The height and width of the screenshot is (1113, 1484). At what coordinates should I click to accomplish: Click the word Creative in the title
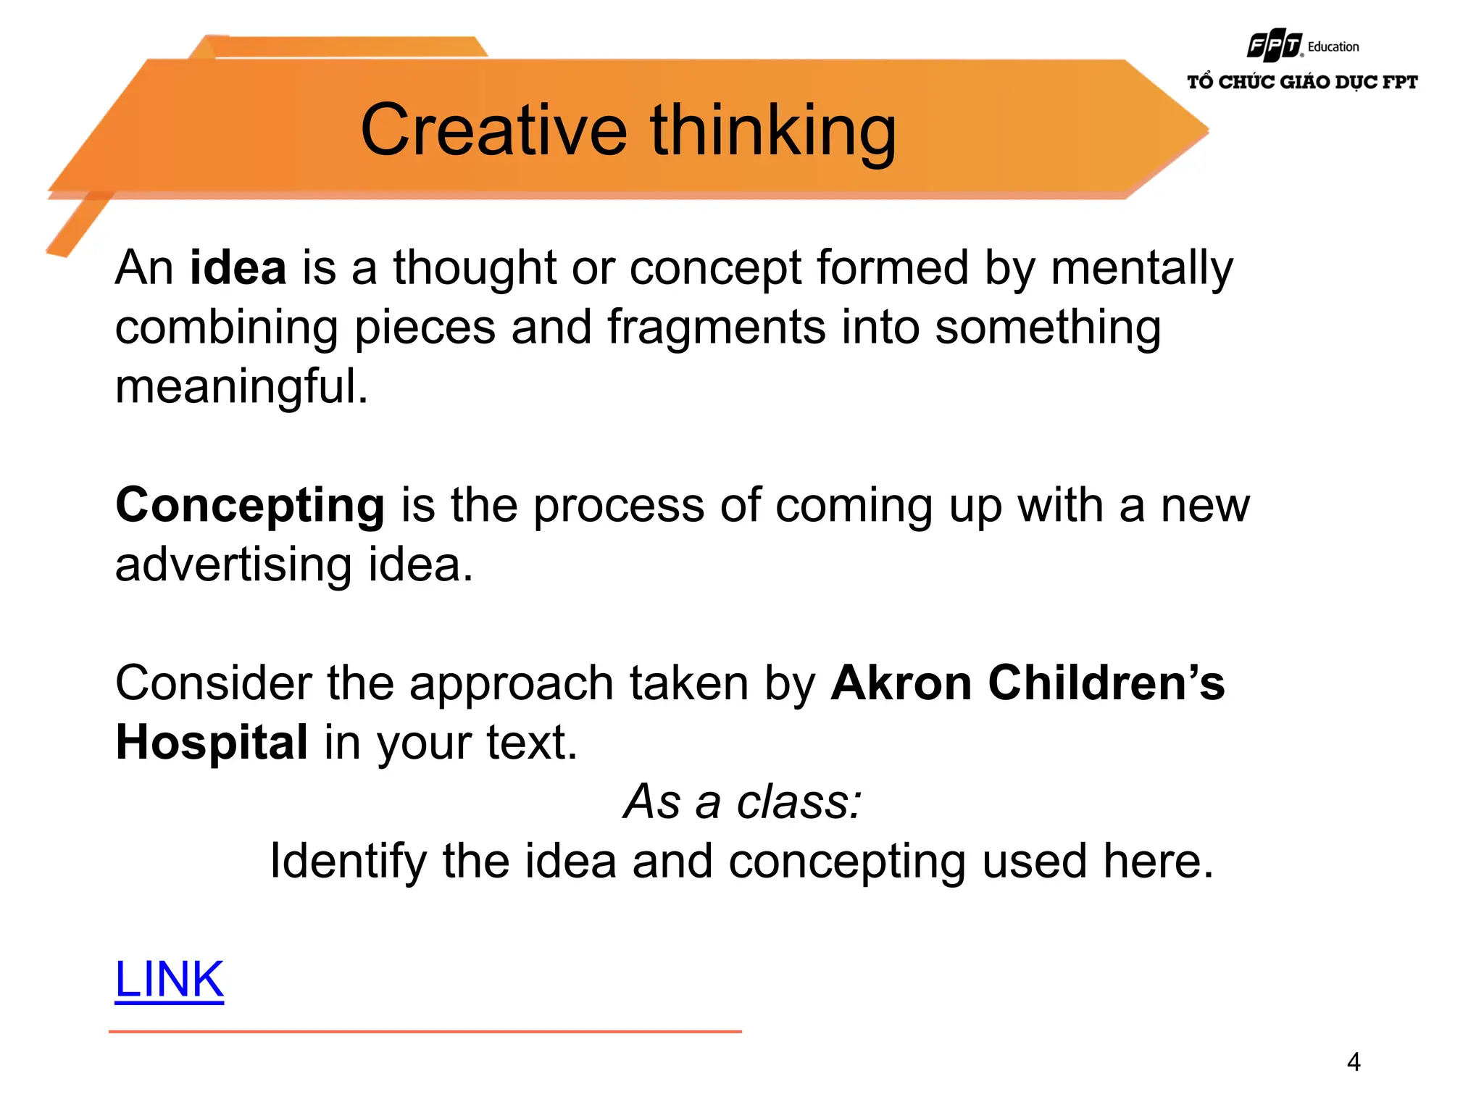pyautogui.click(x=493, y=130)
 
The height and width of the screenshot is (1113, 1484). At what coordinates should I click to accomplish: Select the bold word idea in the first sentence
pyautogui.click(x=238, y=268)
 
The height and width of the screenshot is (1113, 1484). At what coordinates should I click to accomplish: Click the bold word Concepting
pyautogui.click(x=250, y=505)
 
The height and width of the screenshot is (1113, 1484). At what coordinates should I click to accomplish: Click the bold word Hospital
pyautogui.click(x=212, y=743)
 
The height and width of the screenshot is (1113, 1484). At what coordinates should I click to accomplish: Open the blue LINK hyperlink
pyautogui.click(x=170, y=980)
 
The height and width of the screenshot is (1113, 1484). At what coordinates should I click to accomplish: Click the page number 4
pyautogui.click(x=1353, y=1062)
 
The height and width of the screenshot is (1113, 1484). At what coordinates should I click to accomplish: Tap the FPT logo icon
pyautogui.click(x=1274, y=46)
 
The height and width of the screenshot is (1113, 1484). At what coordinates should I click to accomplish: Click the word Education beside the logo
pyautogui.click(x=1333, y=47)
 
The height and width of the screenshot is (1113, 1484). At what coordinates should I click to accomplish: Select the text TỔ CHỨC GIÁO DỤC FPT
pyautogui.click(x=1301, y=82)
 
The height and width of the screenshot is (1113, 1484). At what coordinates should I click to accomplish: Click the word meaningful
pyautogui.click(x=241, y=386)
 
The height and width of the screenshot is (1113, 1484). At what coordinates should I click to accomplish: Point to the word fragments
pyautogui.click(x=716, y=328)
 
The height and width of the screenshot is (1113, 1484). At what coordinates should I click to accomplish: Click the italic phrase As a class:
pyautogui.click(x=742, y=802)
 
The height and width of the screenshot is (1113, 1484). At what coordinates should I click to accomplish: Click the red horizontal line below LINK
pyautogui.click(x=425, y=1031)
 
